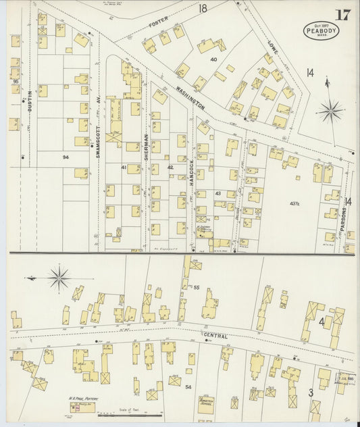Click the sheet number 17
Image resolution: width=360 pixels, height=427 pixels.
pos(343,15)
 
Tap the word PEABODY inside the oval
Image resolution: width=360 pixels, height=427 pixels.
pos(321,31)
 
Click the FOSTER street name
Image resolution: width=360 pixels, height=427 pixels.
pos(159,24)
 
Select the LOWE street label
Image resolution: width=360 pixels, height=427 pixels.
pos(273,47)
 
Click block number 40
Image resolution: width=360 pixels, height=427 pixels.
pos(213,59)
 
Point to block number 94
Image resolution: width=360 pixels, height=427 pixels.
pos(66,157)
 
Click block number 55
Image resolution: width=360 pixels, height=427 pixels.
pos(197,288)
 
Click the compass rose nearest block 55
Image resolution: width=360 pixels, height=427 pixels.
pos(59,278)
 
